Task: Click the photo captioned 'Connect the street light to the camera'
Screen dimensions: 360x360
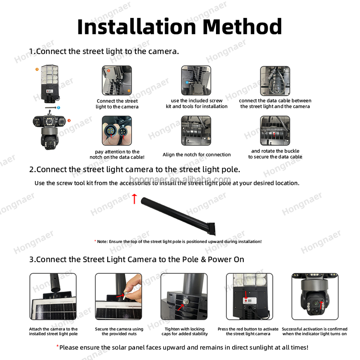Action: coord(117,81)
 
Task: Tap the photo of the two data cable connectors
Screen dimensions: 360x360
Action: coord(117,130)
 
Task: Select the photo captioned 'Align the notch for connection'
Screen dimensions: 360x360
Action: coord(196,130)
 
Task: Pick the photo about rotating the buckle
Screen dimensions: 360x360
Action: coord(275,130)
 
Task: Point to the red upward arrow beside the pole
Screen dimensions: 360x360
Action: coord(134,199)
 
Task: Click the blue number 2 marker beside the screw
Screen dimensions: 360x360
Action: coord(58,108)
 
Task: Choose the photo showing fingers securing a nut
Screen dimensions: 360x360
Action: coord(118,296)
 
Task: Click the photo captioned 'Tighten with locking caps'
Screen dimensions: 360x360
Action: coord(184,296)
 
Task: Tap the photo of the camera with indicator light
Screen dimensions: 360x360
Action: coord(315,296)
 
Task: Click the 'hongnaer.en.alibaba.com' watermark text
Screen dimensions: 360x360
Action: coord(180,179)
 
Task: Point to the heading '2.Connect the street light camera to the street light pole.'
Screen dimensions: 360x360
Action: coord(135,169)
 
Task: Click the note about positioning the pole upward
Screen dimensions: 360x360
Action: coord(178,241)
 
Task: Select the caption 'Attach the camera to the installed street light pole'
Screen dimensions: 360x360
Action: coord(53,331)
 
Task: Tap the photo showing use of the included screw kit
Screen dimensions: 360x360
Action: coord(196,81)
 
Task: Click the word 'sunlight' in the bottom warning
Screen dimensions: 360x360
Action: coord(249,347)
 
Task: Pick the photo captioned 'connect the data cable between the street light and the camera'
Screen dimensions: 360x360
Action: coord(275,81)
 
